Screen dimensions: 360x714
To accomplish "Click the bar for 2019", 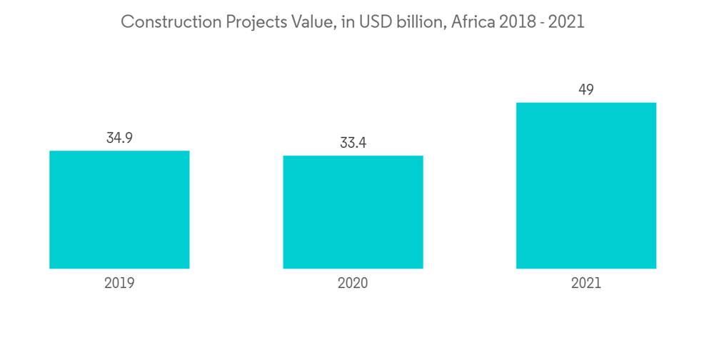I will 119,209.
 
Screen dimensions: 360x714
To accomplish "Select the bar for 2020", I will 353,212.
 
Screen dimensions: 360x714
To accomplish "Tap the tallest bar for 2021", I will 586,186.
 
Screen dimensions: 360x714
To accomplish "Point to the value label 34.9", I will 119,138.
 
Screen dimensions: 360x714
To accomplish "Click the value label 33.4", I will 353,143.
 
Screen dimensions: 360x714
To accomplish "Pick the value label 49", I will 586,90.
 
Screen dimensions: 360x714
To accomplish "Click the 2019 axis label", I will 119,283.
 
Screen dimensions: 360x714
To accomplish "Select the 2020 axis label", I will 353,283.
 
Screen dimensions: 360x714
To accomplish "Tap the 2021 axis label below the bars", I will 586,283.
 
